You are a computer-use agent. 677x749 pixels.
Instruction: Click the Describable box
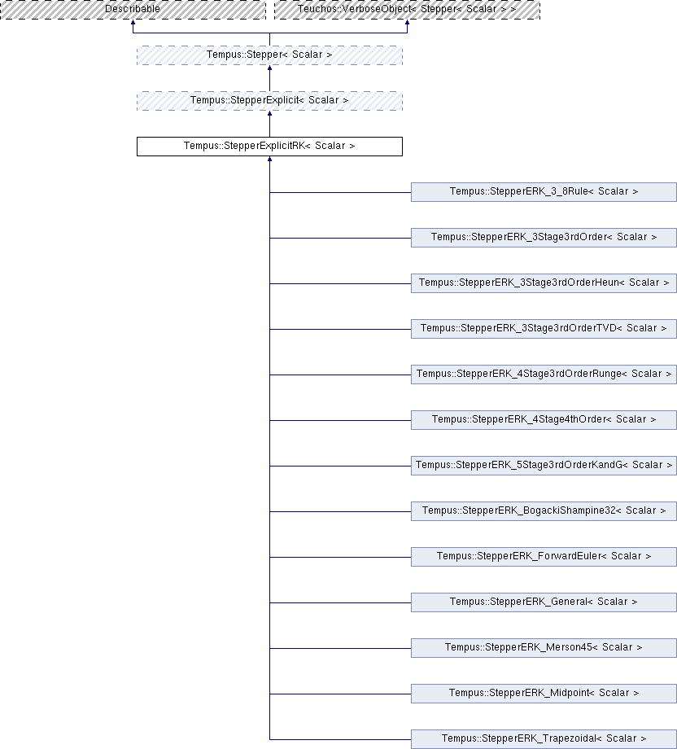pyautogui.click(x=133, y=10)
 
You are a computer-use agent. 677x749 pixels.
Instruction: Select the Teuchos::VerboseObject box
pyautogui.click(x=407, y=10)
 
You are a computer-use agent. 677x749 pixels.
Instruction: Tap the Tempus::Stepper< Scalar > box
pyautogui.click(x=269, y=55)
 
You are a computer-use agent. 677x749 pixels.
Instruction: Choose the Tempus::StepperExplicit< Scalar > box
pyautogui.click(x=269, y=101)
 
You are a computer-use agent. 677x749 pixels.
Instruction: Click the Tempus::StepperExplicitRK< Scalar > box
pyautogui.click(x=269, y=147)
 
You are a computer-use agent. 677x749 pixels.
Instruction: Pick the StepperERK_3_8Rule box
pyautogui.click(x=544, y=192)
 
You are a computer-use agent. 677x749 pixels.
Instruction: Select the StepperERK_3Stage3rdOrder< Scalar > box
pyautogui.click(x=544, y=238)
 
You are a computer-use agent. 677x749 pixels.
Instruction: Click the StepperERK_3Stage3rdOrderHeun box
pyautogui.click(x=544, y=283)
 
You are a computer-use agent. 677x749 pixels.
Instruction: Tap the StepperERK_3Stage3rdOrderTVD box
pyautogui.click(x=544, y=329)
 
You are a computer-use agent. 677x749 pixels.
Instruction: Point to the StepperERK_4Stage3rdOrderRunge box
pyautogui.click(x=544, y=374)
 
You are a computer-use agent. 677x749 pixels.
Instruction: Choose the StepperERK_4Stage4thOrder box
pyautogui.click(x=544, y=420)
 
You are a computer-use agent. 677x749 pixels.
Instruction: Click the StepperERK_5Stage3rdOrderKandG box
pyautogui.click(x=544, y=466)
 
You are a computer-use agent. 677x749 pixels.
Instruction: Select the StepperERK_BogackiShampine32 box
pyautogui.click(x=544, y=511)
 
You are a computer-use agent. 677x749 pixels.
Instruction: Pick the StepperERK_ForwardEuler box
pyautogui.click(x=544, y=557)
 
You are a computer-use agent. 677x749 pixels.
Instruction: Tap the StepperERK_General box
pyautogui.click(x=544, y=602)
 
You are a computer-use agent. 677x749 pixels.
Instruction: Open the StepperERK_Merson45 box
pyautogui.click(x=544, y=648)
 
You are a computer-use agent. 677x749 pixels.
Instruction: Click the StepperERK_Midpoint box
pyautogui.click(x=544, y=694)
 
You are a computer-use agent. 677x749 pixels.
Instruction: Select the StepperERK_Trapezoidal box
pyautogui.click(x=544, y=739)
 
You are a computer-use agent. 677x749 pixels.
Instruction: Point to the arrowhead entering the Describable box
pyautogui.click(x=133, y=22)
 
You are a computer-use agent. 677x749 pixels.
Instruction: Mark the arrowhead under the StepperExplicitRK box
pyautogui.click(x=270, y=159)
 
